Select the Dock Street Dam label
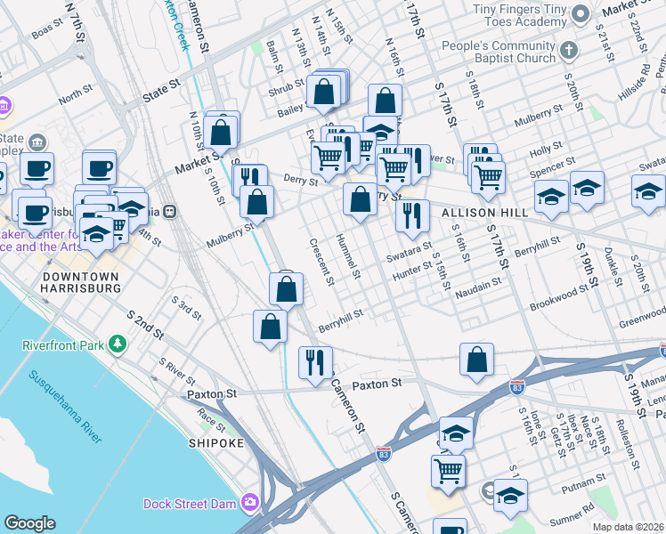click(x=191, y=504)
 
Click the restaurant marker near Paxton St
click(x=315, y=361)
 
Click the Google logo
click(x=29, y=522)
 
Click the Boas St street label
click(x=44, y=33)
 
